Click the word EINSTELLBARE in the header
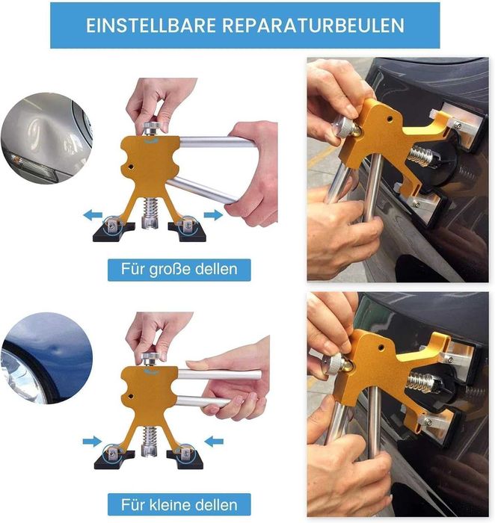point(151,25)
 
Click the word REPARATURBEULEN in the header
point(313,25)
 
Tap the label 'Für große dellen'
point(179,270)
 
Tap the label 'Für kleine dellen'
point(179,504)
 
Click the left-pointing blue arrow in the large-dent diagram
point(93,215)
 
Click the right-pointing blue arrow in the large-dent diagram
point(213,215)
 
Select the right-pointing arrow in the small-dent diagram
point(92,442)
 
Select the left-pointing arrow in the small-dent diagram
point(214,442)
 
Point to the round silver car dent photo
point(46,138)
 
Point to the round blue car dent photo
point(46,358)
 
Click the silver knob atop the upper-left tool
point(152,128)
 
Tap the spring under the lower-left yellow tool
point(150,437)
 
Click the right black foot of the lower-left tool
point(185,458)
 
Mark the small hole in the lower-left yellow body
point(131,397)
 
